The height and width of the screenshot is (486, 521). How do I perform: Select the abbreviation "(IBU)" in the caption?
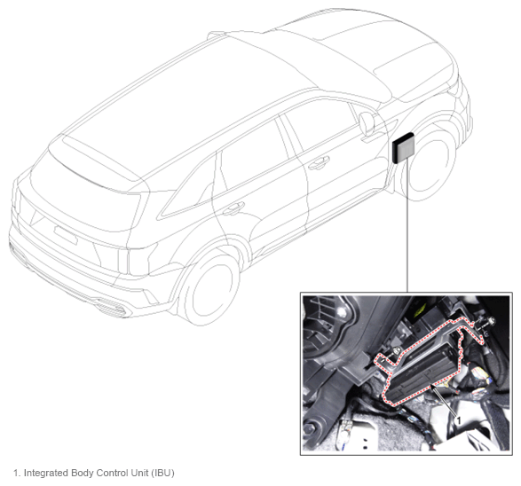click(162, 473)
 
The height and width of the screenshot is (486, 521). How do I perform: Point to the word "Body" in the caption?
click(81, 473)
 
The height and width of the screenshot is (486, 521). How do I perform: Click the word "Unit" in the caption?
click(139, 473)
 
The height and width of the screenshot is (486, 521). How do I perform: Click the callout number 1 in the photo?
click(459, 420)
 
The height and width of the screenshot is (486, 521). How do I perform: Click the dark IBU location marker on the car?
click(403, 148)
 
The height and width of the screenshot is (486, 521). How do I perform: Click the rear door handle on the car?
click(233, 208)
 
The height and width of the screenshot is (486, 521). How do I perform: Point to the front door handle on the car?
click(319, 162)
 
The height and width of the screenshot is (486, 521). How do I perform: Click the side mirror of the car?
click(368, 123)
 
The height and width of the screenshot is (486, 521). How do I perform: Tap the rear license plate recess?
click(66, 235)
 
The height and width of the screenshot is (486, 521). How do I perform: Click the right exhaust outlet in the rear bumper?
click(111, 307)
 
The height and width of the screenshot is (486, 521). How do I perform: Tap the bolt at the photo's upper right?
click(490, 321)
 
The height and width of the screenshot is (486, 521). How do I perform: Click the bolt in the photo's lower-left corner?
click(309, 428)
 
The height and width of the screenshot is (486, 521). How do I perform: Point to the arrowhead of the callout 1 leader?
click(433, 386)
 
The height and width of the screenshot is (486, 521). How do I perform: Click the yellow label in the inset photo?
click(419, 310)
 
